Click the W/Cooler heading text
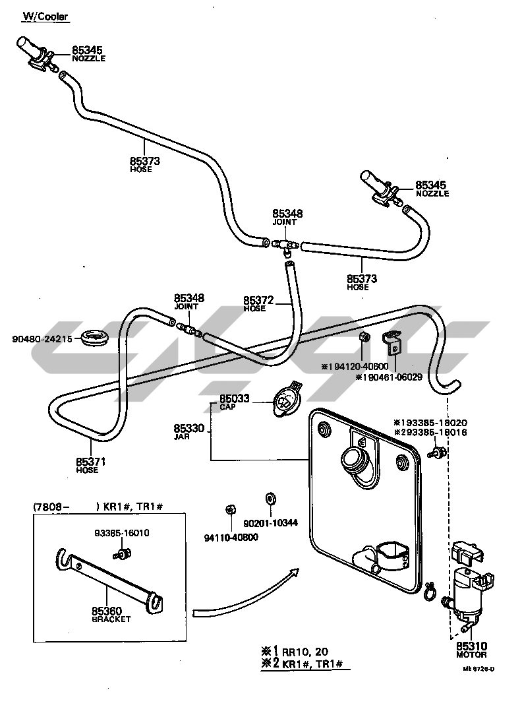[45, 16]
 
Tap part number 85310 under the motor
[471, 646]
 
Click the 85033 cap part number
[234, 399]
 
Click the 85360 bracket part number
[106, 611]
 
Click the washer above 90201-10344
[270, 498]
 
